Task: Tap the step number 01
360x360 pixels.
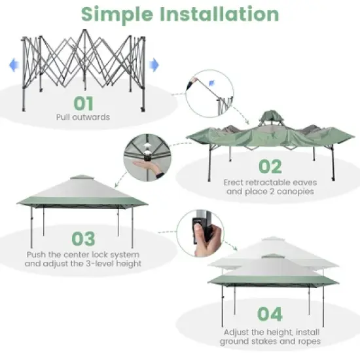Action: (83, 103)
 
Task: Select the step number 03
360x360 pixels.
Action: (82, 239)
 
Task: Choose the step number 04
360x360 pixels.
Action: (269, 314)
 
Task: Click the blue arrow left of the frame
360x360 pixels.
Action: (12, 64)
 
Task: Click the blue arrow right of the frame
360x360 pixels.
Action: (154, 64)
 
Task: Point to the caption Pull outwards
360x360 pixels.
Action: (83, 118)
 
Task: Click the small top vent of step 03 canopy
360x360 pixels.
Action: (81, 178)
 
